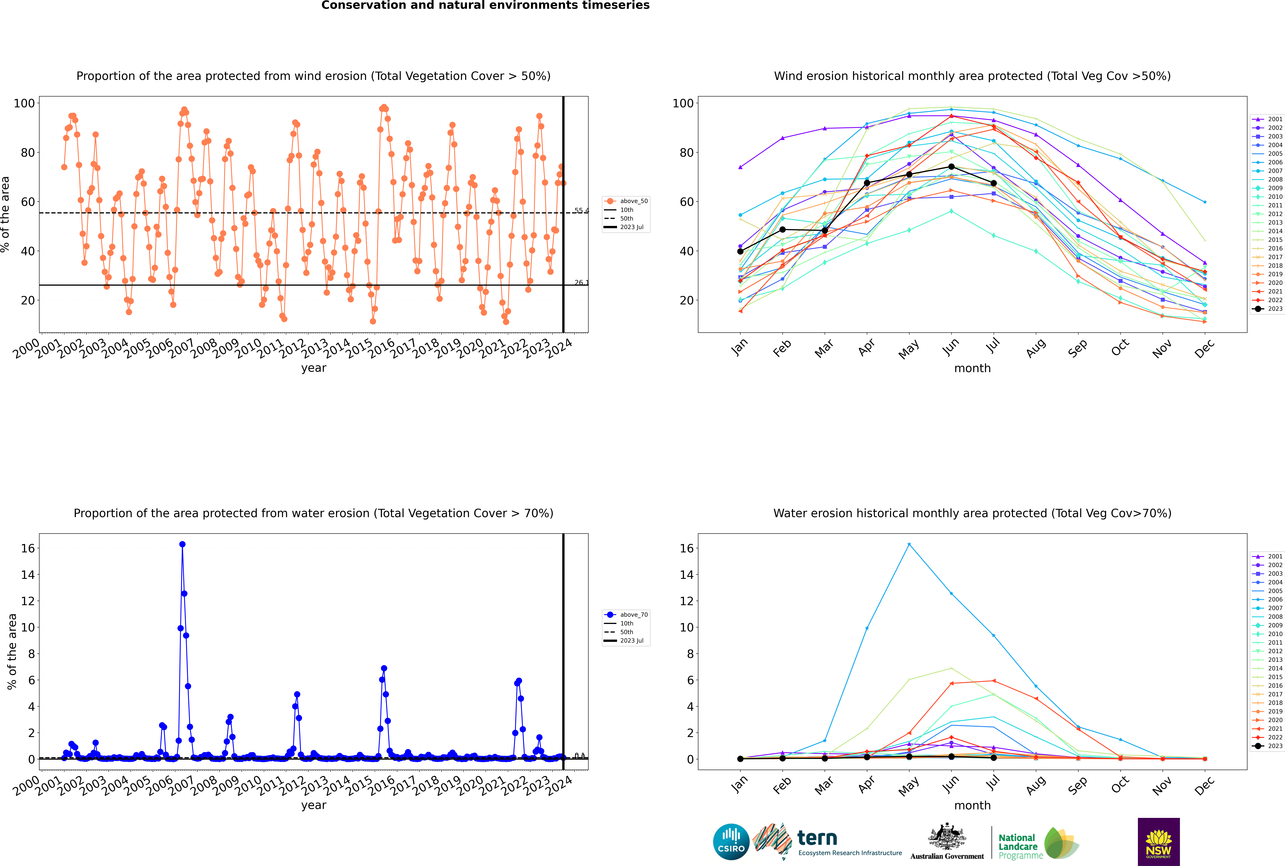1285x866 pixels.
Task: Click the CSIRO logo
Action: [x=731, y=842]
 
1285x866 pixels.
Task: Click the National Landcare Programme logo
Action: [x=1038, y=843]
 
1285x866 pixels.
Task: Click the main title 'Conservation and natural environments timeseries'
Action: [x=485, y=5]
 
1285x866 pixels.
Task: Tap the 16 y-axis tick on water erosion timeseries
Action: [x=28, y=548]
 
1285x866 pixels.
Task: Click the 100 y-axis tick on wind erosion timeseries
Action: [x=24, y=103]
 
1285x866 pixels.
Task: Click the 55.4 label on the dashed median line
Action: [x=581, y=210]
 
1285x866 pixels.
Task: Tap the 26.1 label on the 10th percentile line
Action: [x=581, y=283]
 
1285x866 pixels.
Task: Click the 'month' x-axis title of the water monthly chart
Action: [x=972, y=805]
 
